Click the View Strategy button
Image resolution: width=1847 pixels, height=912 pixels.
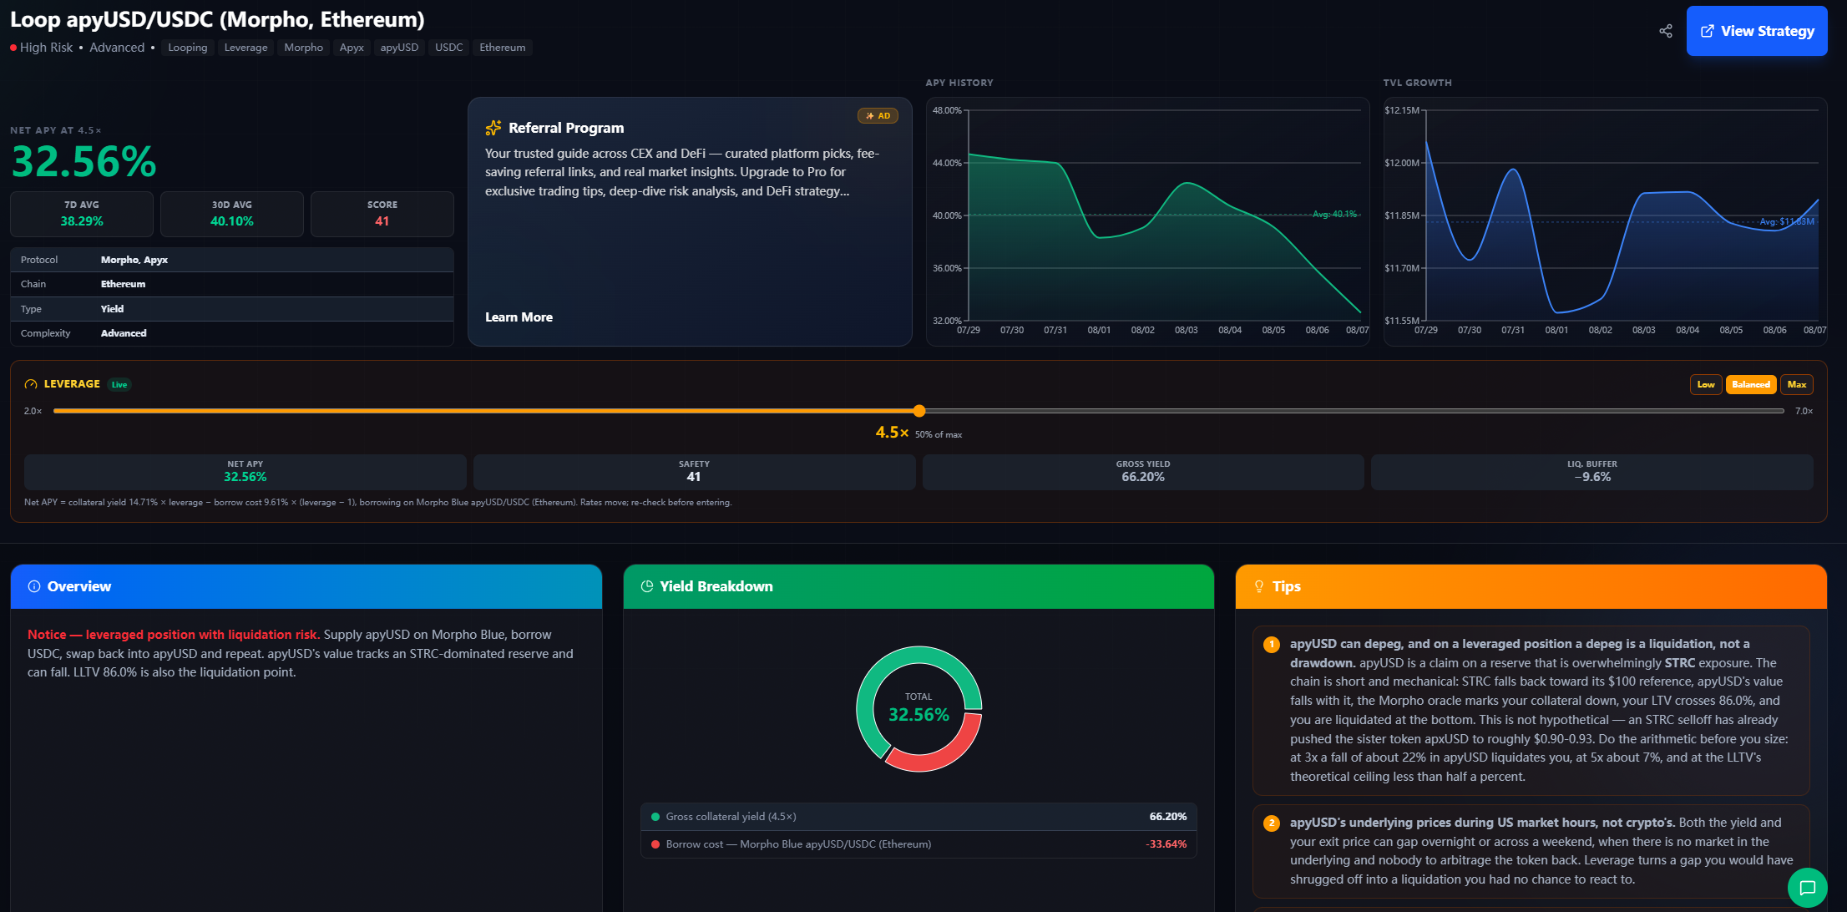1757,31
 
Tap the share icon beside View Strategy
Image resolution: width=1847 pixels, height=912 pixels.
1666,31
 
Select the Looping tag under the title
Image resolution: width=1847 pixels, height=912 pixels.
188,48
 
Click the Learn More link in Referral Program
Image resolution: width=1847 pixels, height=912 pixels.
519,317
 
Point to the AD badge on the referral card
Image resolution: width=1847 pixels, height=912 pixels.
878,116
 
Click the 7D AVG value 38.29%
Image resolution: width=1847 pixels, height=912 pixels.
82,221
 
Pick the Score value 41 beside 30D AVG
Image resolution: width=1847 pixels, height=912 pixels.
382,221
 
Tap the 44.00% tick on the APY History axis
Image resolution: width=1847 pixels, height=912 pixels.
947,163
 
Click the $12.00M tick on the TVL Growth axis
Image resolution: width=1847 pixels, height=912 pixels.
1402,163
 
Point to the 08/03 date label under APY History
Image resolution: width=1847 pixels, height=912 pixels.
1187,331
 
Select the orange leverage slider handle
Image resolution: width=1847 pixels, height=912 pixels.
919,411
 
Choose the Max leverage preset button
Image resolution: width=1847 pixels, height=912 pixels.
1797,385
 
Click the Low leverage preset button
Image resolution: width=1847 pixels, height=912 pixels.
1706,385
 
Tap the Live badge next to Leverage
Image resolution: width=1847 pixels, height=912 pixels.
119,385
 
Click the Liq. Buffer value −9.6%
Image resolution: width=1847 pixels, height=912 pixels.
1592,477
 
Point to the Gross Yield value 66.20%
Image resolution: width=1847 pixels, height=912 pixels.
1143,477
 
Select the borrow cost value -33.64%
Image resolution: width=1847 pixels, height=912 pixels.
1166,844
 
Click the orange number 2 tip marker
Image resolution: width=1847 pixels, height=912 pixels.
1272,823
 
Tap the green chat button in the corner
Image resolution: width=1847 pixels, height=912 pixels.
1808,888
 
